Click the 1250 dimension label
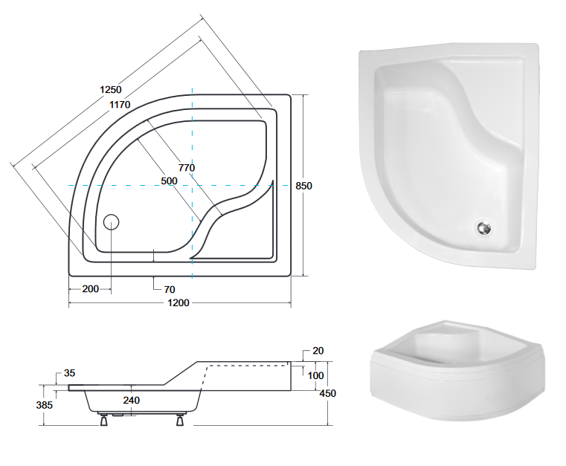coord(110,91)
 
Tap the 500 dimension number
coord(169,181)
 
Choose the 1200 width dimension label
coord(179,302)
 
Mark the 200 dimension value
coord(91,288)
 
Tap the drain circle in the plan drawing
coord(111,221)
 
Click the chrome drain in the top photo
coord(484,230)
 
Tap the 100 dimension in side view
coord(315,376)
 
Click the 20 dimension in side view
coord(318,352)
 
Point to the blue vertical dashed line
coord(192,186)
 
